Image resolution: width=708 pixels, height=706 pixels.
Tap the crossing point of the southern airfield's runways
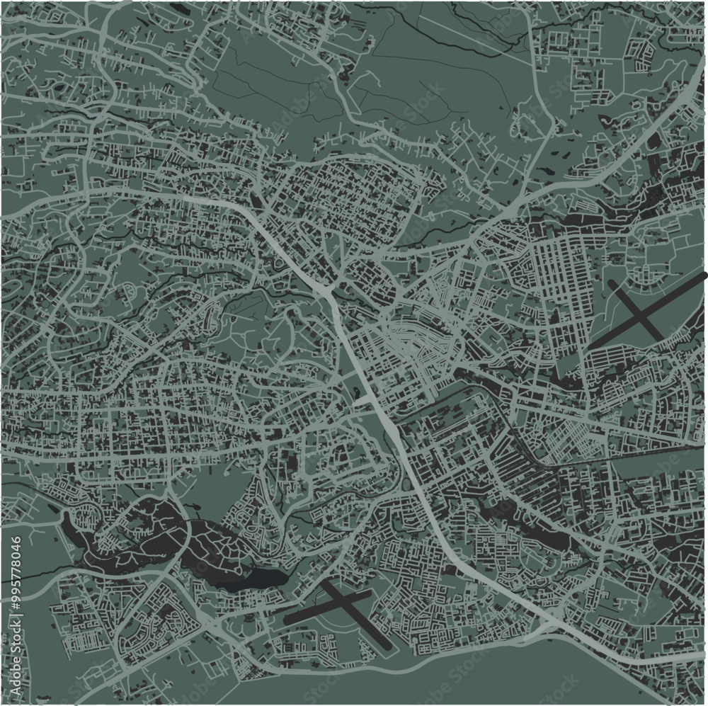[340, 603]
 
